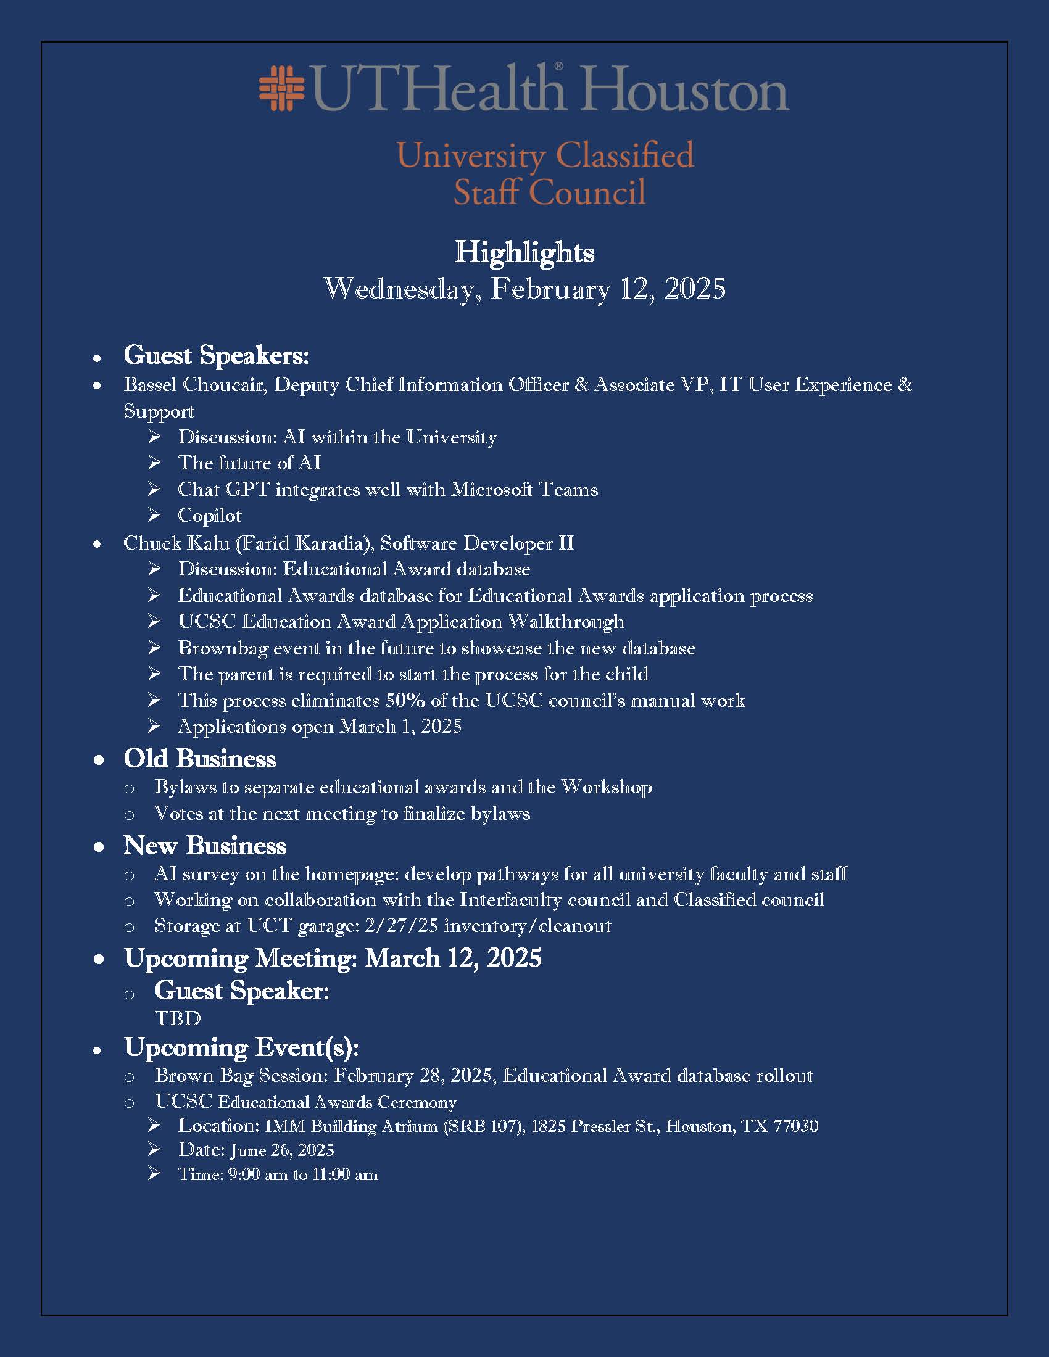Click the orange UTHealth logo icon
click(x=281, y=88)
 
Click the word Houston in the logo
click(x=685, y=91)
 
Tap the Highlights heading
click(x=524, y=252)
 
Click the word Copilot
click(x=209, y=515)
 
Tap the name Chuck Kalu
click(x=176, y=543)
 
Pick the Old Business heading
click(x=199, y=759)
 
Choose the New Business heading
click(x=204, y=846)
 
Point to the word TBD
click(x=178, y=1018)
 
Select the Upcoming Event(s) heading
click(x=241, y=1047)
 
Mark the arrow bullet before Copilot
click(x=154, y=515)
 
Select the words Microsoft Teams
click(x=524, y=489)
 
